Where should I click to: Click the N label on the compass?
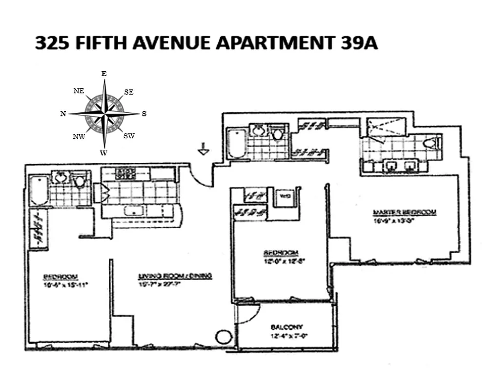[63, 113]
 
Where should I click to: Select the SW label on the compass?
[129, 136]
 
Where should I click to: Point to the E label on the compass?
[103, 73]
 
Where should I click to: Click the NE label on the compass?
[78, 91]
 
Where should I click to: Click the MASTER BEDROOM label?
[404, 212]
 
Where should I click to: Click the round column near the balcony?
[223, 337]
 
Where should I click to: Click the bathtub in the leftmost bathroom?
[39, 191]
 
